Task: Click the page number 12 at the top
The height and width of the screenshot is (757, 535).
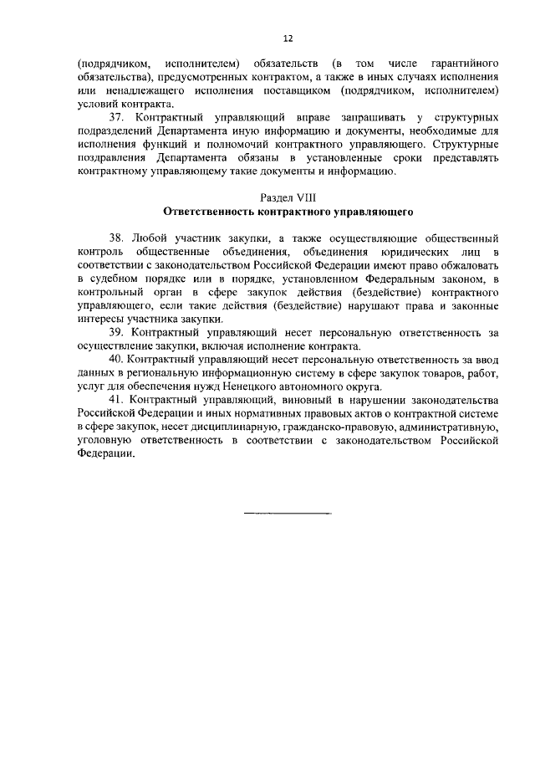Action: point(288,38)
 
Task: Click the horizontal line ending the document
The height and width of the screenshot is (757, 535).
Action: point(288,512)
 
